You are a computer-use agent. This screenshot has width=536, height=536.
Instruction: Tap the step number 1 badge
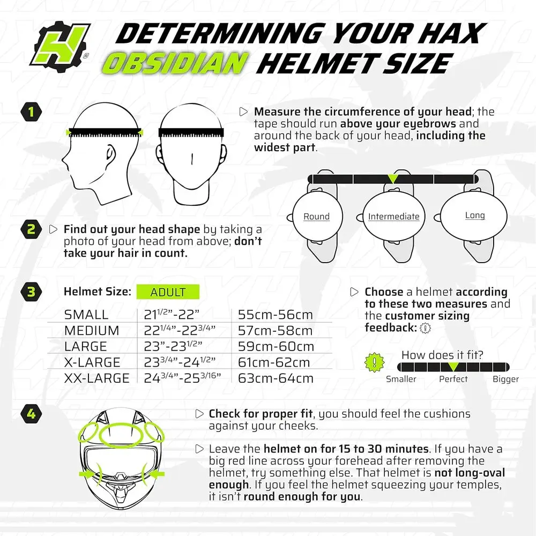(x=31, y=112)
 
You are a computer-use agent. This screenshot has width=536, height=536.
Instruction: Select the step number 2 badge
(x=31, y=229)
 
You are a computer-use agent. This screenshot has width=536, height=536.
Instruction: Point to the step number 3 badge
(x=31, y=292)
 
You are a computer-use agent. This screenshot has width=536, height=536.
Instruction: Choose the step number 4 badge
(x=31, y=414)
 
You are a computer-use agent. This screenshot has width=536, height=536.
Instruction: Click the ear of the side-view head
(x=110, y=154)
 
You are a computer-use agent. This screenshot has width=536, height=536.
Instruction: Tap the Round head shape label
(x=316, y=217)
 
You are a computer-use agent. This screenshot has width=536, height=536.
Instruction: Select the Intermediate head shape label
(x=393, y=217)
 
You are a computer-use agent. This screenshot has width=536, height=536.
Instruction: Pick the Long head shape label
(x=474, y=215)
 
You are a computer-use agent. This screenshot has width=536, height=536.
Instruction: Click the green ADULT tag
(x=168, y=292)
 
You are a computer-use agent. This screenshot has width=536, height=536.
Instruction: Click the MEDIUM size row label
(x=92, y=331)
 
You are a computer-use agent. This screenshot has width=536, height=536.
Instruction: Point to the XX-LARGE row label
(x=96, y=378)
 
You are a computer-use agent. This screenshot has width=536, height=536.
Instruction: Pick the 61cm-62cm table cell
(x=276, y=363)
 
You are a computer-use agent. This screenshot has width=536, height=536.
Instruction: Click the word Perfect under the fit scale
(x=453, y=379)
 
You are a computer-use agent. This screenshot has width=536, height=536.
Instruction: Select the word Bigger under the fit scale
(x=505, y=379)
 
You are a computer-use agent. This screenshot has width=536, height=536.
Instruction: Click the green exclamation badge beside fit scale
(x=371, y=362)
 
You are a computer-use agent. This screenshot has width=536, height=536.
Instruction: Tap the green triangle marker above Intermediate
(x=393, y=178)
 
